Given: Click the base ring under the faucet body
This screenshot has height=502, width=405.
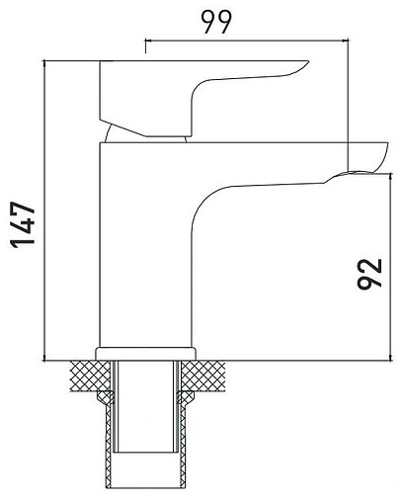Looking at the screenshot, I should (x=145, y=353).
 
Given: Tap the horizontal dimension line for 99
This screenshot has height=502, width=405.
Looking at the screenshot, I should (x=247, y=42).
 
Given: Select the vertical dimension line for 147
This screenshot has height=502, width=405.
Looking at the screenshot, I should (x=48, y=208).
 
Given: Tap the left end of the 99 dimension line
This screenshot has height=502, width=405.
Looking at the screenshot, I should (x=146, y=42).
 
